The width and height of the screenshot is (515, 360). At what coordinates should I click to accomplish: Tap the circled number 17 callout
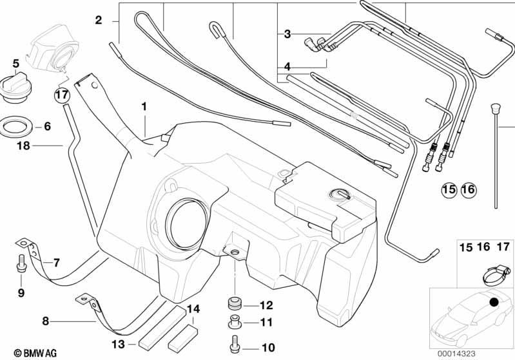point(62,95)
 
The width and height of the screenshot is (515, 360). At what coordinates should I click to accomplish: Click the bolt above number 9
point(21,263)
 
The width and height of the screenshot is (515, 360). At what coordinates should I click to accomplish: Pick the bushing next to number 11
point(235,321)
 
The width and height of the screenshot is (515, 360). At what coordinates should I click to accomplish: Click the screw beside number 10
point(235,345)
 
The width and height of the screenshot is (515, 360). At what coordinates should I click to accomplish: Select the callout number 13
point(118,345)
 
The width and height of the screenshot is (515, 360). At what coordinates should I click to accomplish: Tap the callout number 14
point(193,309)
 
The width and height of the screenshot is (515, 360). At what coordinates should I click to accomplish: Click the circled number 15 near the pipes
point(449,189)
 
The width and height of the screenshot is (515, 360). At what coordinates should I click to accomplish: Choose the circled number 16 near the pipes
point(469,189)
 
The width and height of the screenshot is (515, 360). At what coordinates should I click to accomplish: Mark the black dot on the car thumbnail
point(494,301)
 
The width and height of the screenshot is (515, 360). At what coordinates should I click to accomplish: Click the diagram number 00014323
point(456,354)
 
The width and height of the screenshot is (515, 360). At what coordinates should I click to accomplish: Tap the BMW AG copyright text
point(35,353)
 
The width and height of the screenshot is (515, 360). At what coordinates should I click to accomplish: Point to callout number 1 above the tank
point(144,107)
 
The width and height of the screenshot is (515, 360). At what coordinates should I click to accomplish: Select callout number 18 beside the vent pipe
point(23,146)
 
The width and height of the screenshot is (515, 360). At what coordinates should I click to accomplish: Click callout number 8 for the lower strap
point(45,321)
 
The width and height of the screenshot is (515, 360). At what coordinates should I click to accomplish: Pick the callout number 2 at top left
point(99,21)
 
